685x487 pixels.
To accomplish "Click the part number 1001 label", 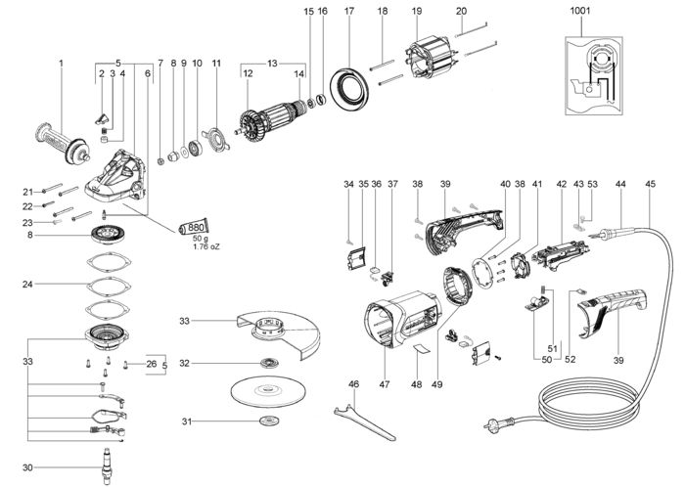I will (579, 12).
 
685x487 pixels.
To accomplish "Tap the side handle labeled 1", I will (61, 145).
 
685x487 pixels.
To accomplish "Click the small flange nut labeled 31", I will (266, 421).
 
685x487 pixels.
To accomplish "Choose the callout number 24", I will (28, 285).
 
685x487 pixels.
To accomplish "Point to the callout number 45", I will (652, 184).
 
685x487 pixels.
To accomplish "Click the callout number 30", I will (28, 467).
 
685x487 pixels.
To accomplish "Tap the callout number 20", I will (461, 11).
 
